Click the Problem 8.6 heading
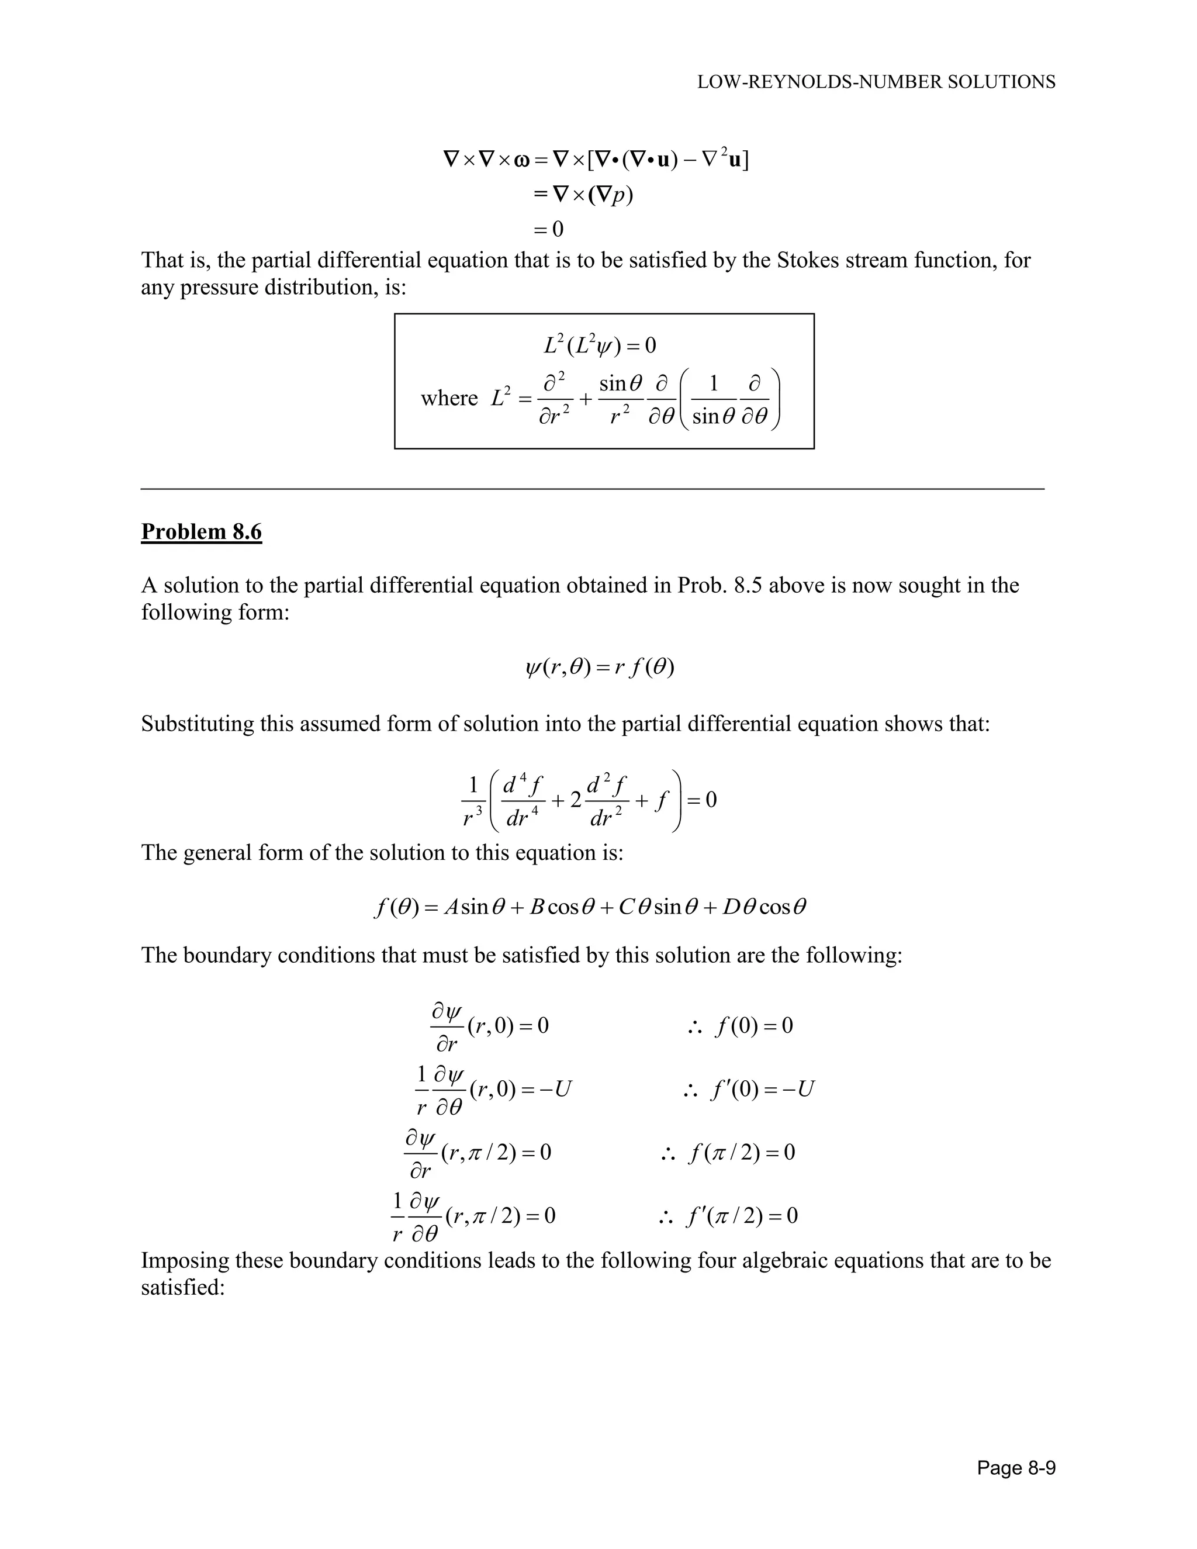pyautogui.click(x=202, y=531)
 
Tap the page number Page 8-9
pyautogui.click(x=1015, y=1467)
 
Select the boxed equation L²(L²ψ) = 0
pyautogui.click(x=600, y=345)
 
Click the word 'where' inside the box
pyautogui.click(x=449, y=399)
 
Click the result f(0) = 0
pyautogui.click(x=753, y=1026)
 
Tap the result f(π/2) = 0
pyautogui.click(x=741, y=1152)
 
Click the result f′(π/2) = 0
pyautogui.click(x=741, y=1216)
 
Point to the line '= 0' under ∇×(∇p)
pyautogui.click(x=548, y=229)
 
